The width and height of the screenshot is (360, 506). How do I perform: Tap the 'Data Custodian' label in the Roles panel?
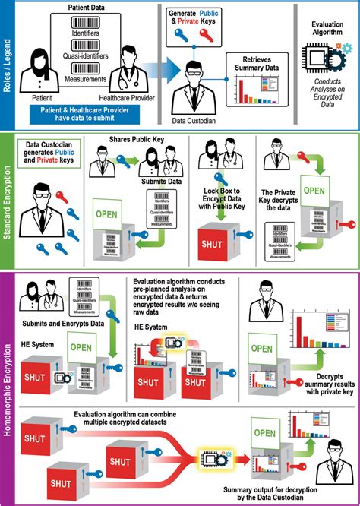coord(193,120)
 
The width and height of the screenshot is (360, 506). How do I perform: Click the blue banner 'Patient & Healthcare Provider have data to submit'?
coord(84,114)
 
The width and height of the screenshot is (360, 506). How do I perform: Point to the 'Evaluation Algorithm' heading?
coord(327,29)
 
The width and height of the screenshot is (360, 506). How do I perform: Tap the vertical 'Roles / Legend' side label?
coord(8,64)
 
